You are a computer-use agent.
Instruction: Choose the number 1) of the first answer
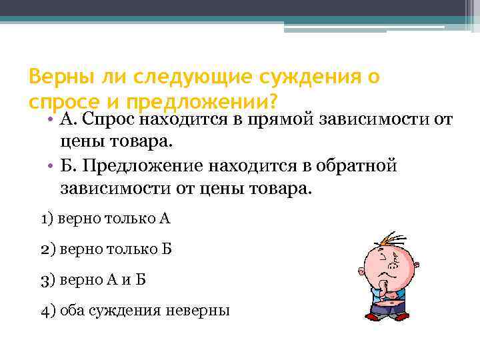pyautogui.click(x=47, y=218)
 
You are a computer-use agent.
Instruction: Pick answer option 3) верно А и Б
pyautogui.click(x=93, y=279)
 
